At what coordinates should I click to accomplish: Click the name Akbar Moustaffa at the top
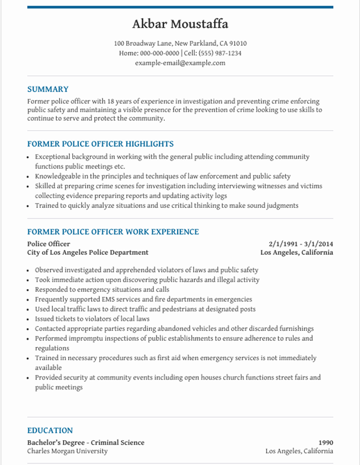click(180, 24)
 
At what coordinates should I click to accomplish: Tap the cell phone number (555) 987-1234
click(220, 54)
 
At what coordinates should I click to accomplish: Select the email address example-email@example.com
click(180, 63)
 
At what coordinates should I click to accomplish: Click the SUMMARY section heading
click(48, 89)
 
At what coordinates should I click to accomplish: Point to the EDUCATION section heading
click(50, 430)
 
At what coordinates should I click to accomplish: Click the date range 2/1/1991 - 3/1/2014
click(300, 243)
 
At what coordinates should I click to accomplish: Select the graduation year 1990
click(325, 442)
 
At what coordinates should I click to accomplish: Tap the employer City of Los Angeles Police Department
click(88, 253)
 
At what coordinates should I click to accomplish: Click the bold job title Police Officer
click(49, 243)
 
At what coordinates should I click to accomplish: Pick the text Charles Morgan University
click(67, 451)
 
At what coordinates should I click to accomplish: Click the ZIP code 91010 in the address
click(238, 44)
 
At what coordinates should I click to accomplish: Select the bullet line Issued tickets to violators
click(92, 319)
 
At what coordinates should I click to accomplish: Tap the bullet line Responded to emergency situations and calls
click(102, 290)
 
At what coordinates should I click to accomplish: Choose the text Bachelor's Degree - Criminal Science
click(85, 442)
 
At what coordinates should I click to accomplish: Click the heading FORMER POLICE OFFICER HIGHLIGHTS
click(100, 144)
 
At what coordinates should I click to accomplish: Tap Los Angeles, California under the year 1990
click(299, 451)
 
